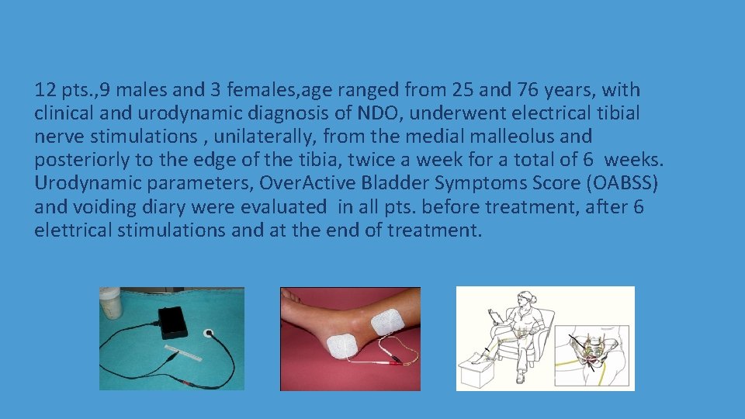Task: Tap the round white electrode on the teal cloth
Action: tap(208, 334)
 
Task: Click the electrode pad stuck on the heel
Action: tap(341, 342)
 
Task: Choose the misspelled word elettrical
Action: tap(70, 230)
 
